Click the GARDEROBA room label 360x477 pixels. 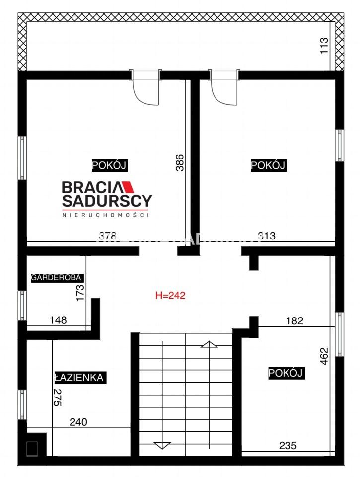57,277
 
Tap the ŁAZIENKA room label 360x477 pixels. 79,378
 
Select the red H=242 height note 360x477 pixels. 170,295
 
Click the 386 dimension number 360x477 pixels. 180,163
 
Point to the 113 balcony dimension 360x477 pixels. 324,46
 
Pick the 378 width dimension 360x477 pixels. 108,236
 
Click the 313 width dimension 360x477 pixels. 267,236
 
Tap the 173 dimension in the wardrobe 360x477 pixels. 80,293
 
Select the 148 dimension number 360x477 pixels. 58,320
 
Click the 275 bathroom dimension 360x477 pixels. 58,397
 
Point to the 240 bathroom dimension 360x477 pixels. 78,422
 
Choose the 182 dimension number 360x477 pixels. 294,320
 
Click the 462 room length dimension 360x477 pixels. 324,356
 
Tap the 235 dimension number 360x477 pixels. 288,446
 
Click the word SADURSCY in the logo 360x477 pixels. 107,200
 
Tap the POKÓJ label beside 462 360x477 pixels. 286,373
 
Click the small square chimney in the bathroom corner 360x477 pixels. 32,449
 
